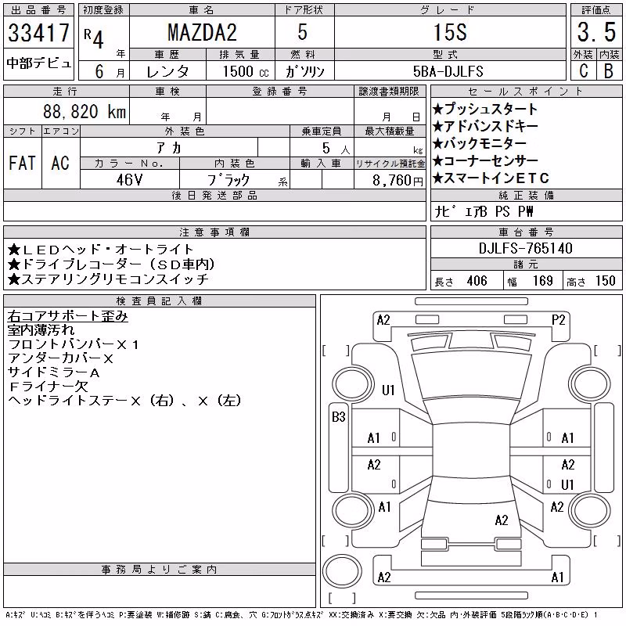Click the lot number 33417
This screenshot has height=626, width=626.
[38, 33]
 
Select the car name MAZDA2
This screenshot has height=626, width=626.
[202, 33]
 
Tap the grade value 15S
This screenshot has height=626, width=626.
[450, 32]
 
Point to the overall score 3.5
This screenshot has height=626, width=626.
[596, 32]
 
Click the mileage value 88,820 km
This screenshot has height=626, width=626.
[85, 111]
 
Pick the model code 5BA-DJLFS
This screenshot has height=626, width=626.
[448, 71]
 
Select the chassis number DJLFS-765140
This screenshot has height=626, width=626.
[525, 248]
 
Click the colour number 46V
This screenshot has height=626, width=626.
[129, 180]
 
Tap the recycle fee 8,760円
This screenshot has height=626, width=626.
[398, 181]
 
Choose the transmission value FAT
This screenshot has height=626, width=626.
[23, 163]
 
